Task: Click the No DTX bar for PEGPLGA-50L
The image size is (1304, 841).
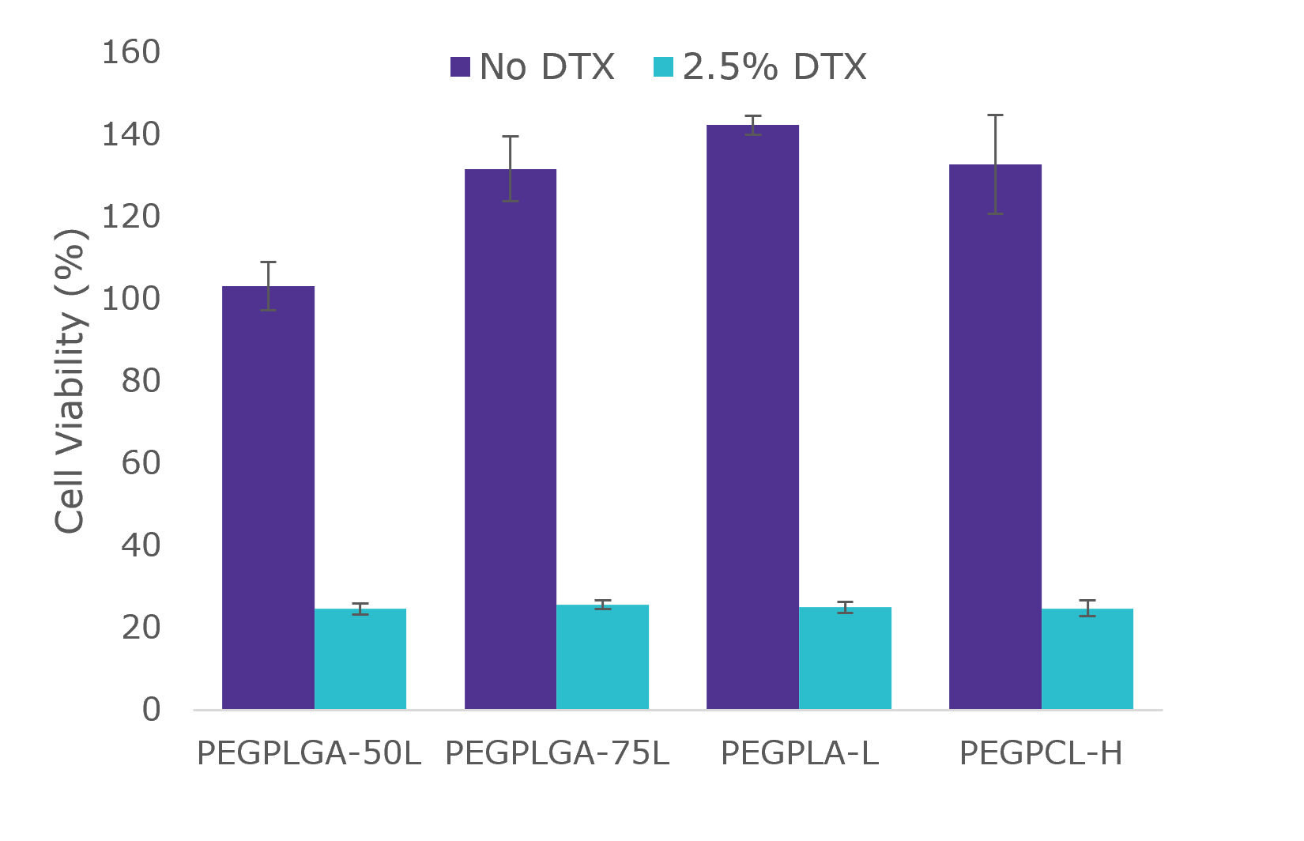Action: (268, 498)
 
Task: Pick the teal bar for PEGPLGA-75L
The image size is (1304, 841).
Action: (602, 657)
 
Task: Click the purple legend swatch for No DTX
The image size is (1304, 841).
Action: (460, 67)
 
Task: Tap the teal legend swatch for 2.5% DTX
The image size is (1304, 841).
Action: (664, 67)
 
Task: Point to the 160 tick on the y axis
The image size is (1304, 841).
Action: (131, 53)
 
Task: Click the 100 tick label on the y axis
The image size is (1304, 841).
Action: (131, 300)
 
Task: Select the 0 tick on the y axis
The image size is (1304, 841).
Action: (151, 710)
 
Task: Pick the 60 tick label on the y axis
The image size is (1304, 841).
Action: (141, 463)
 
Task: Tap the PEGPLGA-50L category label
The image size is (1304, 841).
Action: (309, 754)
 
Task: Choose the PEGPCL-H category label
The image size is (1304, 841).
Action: (1041, 754)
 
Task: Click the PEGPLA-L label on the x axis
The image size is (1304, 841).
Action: (799, 754)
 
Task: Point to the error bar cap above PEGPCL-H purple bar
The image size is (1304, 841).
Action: (995, 115)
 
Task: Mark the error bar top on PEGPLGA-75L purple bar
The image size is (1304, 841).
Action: (511, 137)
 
